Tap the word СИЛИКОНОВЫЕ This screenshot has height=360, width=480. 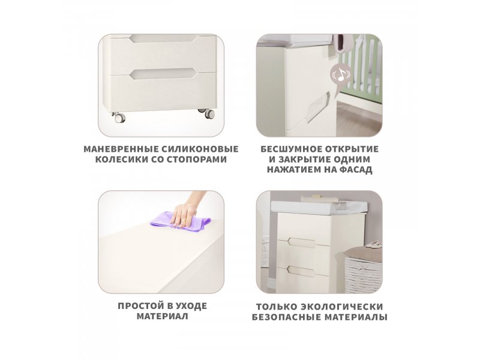tap(200, 149)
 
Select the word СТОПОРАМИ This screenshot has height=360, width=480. tap(197, 159)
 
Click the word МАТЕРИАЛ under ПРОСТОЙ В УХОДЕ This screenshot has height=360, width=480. tap(162, 316)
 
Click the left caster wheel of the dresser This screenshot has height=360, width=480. tap(119, 118)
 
